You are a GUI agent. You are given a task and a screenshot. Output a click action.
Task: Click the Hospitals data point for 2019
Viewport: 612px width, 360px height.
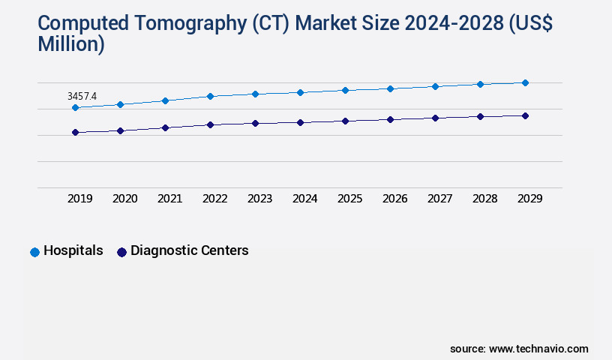point(75,108)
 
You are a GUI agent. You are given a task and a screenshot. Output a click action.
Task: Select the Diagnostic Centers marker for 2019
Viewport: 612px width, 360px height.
point(75,133)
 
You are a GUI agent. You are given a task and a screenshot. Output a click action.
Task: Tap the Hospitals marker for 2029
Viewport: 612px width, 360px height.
point(525,82)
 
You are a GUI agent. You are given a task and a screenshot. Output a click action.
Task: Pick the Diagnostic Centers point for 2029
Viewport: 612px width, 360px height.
point(525,115)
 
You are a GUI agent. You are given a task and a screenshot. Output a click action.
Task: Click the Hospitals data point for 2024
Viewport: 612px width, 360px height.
point(300,92)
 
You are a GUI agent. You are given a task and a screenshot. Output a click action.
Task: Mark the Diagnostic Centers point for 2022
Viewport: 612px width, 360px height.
point(210,124)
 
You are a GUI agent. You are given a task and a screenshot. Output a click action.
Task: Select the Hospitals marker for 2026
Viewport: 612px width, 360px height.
point(390,88)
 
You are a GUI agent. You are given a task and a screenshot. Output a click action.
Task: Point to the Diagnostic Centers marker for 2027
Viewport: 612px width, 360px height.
point(435,118)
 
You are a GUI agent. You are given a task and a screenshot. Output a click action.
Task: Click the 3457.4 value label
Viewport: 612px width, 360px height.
point(82,96)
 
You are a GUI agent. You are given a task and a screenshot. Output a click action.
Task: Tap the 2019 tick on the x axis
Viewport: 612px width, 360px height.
point(80,199)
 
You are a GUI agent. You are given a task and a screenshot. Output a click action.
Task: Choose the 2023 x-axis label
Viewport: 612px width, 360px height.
point(260,199)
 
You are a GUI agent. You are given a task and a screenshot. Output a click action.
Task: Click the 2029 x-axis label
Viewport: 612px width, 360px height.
point(529,199)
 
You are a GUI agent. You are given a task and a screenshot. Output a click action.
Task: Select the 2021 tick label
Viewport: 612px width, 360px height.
point(170,199)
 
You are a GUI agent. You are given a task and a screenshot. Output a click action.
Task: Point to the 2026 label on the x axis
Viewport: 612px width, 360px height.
point(395,199)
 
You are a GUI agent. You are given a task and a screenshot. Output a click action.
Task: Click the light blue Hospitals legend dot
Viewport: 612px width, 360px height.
point(34,252)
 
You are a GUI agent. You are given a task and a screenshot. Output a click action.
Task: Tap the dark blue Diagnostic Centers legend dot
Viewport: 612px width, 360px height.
point(121,252)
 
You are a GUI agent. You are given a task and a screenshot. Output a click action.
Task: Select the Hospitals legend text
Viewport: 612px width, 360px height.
point(73,251)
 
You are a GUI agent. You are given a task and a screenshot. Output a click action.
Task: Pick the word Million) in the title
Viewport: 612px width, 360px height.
point(71,44)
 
